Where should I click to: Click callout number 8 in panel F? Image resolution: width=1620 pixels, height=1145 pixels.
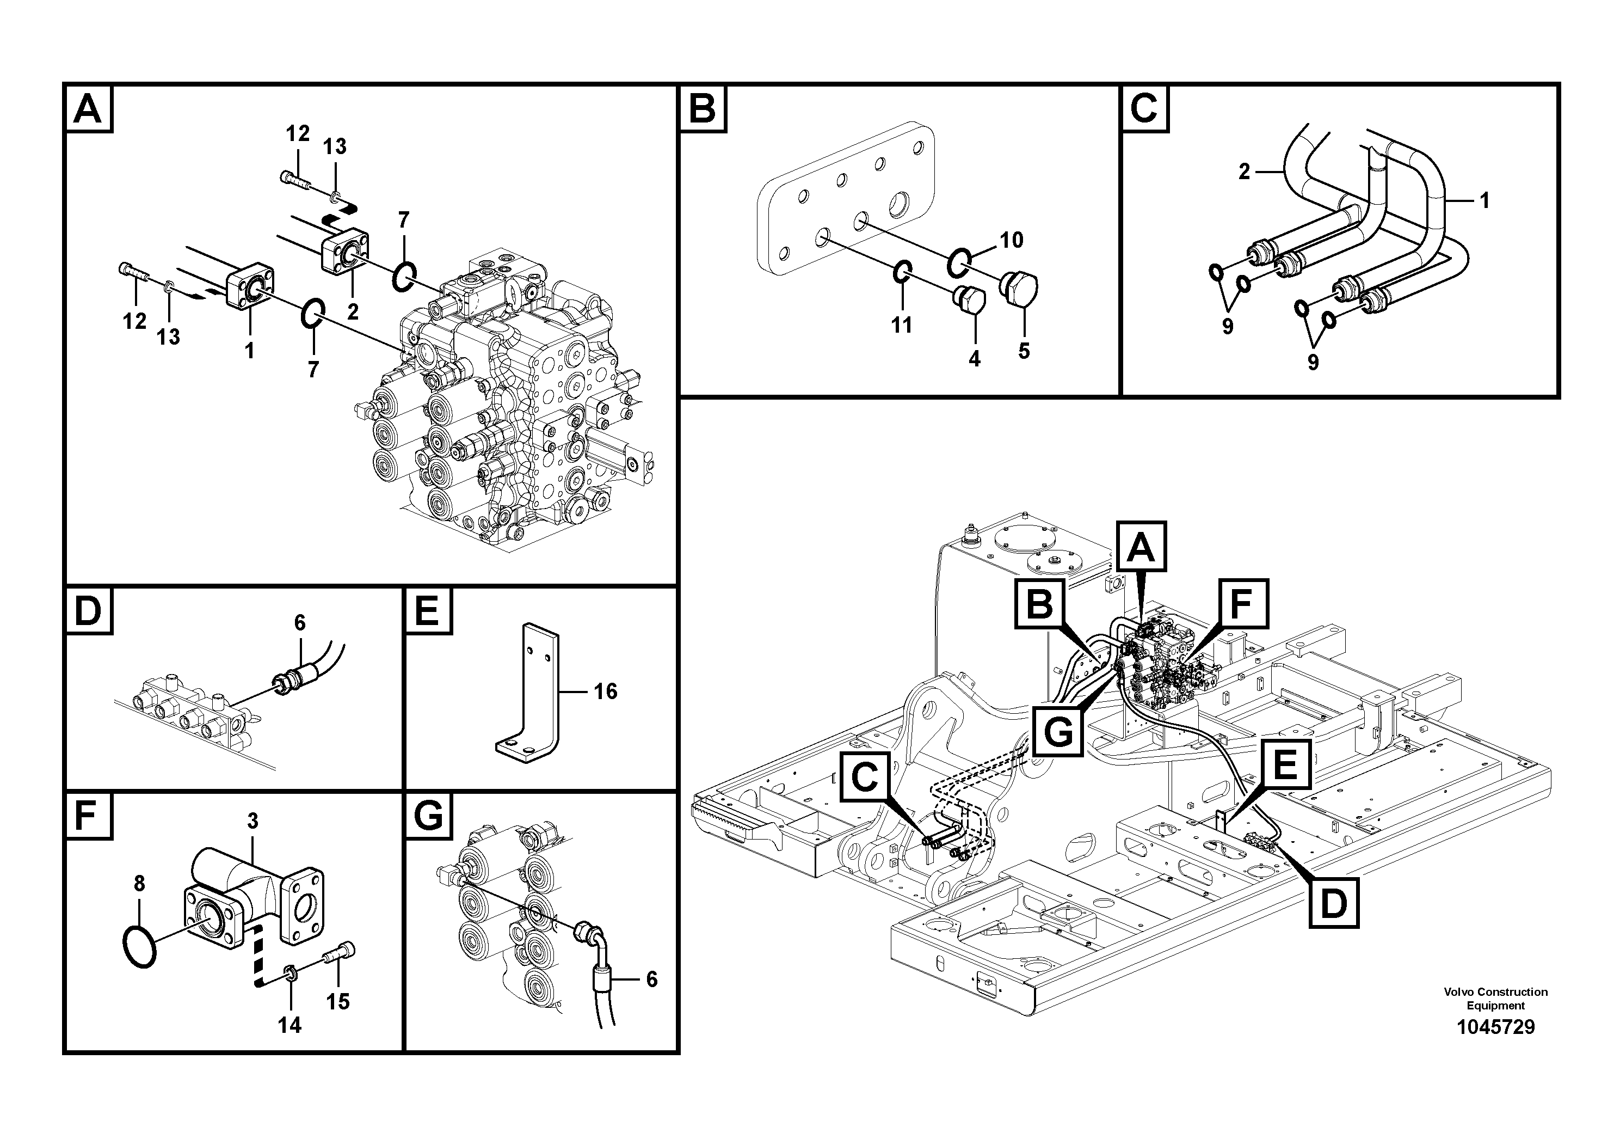(139, 884)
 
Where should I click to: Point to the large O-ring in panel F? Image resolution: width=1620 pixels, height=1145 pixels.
(139, 947)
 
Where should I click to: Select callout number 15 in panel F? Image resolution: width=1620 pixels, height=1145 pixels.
(338, 1002)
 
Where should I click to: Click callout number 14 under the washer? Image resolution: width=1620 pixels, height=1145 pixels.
(289, 1025)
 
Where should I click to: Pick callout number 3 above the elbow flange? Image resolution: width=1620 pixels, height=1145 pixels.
(252, 821)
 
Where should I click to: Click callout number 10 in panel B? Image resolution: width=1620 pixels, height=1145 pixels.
(1011, 240)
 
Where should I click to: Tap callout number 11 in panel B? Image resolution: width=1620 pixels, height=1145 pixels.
(901, 326)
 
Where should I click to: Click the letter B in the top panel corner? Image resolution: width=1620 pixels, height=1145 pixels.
(702, 109)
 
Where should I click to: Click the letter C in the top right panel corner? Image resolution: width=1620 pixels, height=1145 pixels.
(1144, 109)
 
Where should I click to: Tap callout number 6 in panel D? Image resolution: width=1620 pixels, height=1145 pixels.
(300, 623)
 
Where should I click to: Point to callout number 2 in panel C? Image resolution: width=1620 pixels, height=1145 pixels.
(1245, 172)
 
